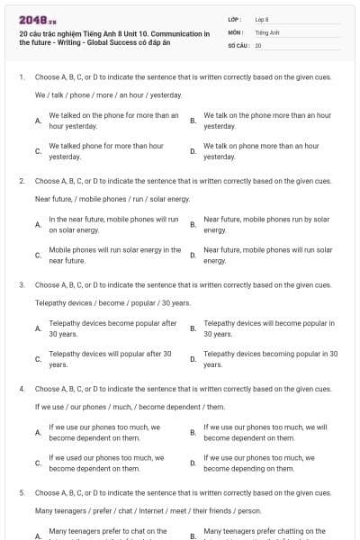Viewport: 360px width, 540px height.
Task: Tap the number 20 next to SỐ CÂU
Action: click(258, 44)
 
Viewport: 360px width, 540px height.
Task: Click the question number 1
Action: click(21, 77)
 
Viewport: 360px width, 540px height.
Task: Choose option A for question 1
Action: click(38, 120)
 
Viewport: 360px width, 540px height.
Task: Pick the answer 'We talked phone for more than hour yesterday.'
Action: click(106, 150)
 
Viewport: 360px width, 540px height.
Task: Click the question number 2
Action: click(21, 181)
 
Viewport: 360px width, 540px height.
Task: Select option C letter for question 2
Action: click(38, 255)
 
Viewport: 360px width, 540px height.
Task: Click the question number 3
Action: click(21, 285)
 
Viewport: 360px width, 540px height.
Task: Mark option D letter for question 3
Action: click(193, 359)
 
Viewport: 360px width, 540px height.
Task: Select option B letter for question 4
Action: click(193, 432)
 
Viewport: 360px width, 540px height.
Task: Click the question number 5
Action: click(21, 493)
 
